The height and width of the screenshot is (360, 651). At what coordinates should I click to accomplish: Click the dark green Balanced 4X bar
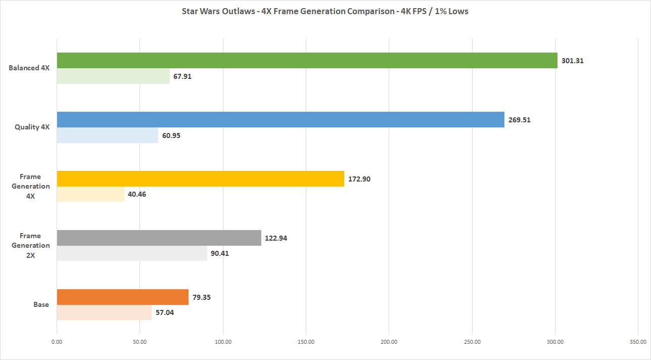tap(307, 61)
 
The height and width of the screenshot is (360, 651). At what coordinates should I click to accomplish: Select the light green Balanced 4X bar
tap(113, 76)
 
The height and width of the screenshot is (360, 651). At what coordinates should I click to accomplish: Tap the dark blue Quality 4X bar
tap(281, 120)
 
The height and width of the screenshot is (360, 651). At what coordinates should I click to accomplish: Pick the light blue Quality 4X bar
tap(107, 136)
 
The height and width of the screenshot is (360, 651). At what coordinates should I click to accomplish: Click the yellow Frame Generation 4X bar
tap(200, 178)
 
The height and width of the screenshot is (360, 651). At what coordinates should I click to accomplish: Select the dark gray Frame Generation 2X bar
tap(159, 238)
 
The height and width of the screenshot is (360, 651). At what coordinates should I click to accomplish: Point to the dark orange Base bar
tap(122, 297)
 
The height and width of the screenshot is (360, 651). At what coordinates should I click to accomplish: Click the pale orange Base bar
tap(104, 312)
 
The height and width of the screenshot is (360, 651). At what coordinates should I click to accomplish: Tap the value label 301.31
tap(573, 61)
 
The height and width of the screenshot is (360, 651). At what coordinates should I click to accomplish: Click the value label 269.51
tap(520, 120)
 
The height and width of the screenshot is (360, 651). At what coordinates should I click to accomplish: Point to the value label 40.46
tap(137, 194)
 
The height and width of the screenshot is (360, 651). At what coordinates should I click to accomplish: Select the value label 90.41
tap(220, 253)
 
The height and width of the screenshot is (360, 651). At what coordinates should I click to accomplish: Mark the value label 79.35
tap(201, 297)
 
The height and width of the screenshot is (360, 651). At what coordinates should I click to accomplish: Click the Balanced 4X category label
tap(29, 68)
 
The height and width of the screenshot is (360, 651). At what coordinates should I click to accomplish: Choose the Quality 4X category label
tap(32, 127)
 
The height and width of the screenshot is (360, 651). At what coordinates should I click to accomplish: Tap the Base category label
tap(41, 304)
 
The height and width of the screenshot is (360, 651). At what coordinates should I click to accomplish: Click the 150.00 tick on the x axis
tap(306, 342)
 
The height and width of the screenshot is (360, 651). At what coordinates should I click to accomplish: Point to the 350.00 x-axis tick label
tap(638, 342)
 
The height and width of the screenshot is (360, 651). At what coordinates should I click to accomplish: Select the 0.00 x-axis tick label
tap(57, 342)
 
